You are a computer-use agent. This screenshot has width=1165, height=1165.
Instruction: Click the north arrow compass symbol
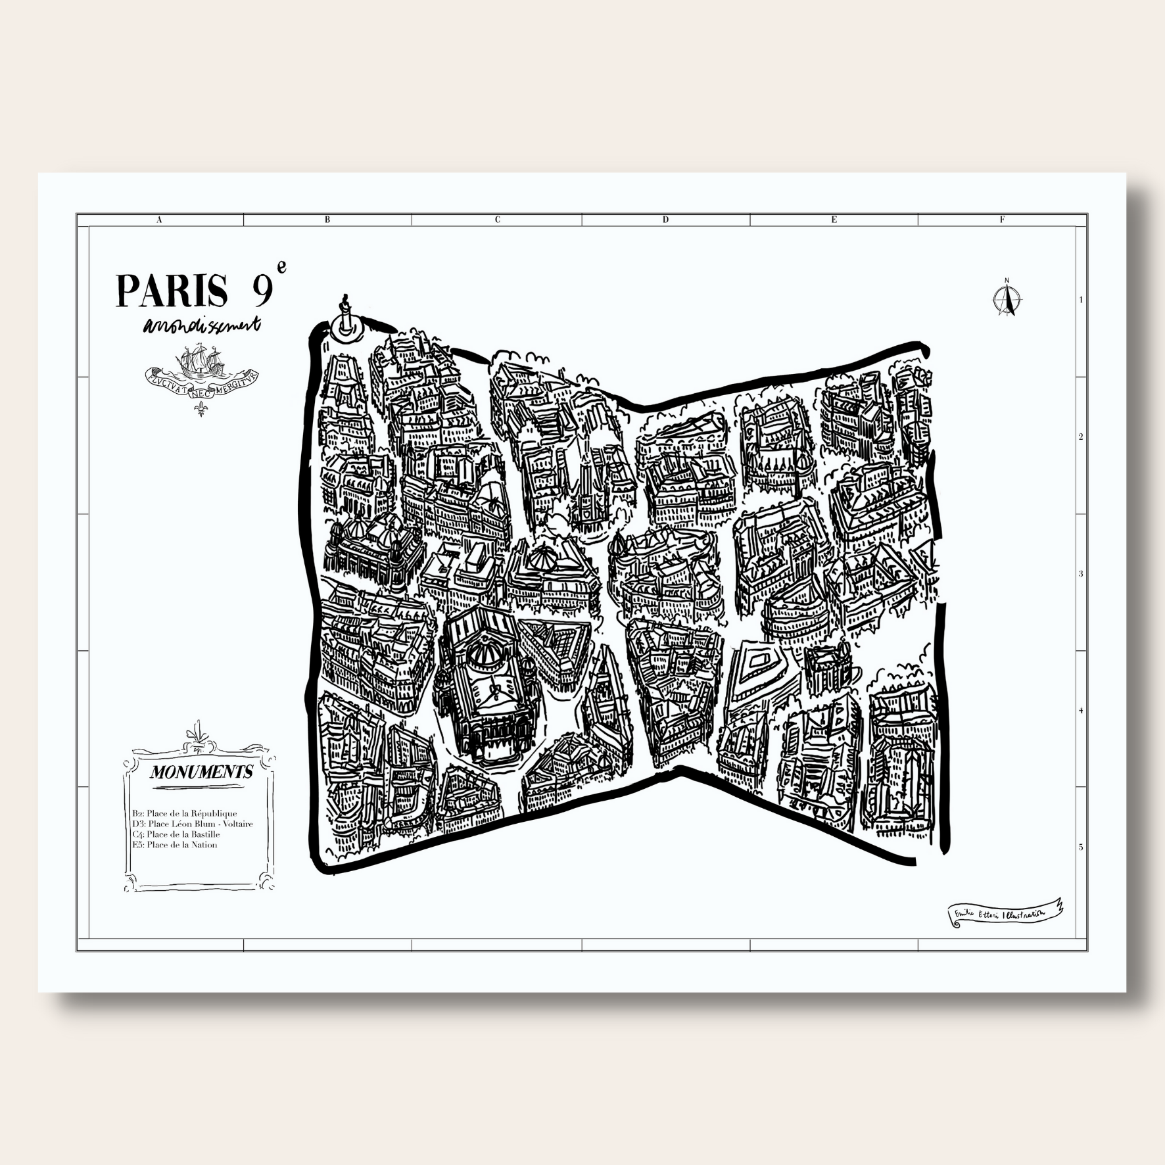point(1005,300)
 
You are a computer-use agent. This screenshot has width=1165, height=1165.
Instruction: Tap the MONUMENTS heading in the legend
point(201,772)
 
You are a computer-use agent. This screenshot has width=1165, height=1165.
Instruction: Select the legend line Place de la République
point(185,813)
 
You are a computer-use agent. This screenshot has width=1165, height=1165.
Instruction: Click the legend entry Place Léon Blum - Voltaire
point(192,824)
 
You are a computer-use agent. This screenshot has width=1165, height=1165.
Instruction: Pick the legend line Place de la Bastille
point(176,834)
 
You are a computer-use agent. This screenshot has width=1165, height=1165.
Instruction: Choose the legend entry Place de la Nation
point(174,845)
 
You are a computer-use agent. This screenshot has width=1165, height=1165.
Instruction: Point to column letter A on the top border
point(159,220)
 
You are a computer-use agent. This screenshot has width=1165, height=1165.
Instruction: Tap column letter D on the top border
point(665,220)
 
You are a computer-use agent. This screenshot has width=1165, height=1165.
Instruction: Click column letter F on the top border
point(1003,220)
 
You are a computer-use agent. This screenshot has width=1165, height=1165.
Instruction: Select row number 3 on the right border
point(1081,574)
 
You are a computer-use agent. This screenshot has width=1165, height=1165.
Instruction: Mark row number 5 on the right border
point(1081,847)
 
